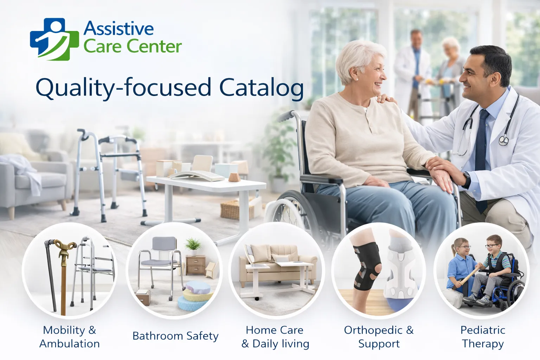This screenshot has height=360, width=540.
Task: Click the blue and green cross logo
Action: click(54, 39)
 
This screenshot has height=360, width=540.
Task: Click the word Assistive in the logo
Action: click(118, 29)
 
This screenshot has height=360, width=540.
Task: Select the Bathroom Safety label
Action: click(175, 336)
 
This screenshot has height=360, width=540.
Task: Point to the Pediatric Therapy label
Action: click(483, 336)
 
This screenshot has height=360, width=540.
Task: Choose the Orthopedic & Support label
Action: click(379, 336)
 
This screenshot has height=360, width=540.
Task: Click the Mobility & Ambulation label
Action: click(70, 336)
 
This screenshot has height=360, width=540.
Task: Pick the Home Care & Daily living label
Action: click(275, 336)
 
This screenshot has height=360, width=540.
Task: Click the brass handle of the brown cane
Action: click(65, 246)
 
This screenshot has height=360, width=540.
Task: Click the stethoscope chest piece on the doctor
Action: click(503, 141)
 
